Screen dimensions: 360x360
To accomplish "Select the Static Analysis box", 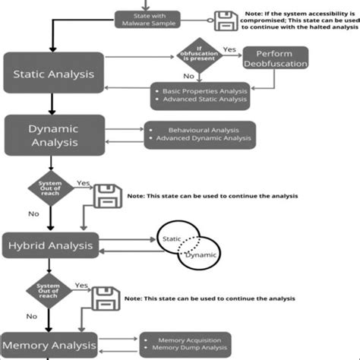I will (x=54, y=74).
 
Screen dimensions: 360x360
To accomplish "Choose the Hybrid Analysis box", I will (x=51, y=245).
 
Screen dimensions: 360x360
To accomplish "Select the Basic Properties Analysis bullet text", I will (x=204, y=92).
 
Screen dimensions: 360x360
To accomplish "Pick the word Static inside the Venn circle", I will (x=173, y=239).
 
